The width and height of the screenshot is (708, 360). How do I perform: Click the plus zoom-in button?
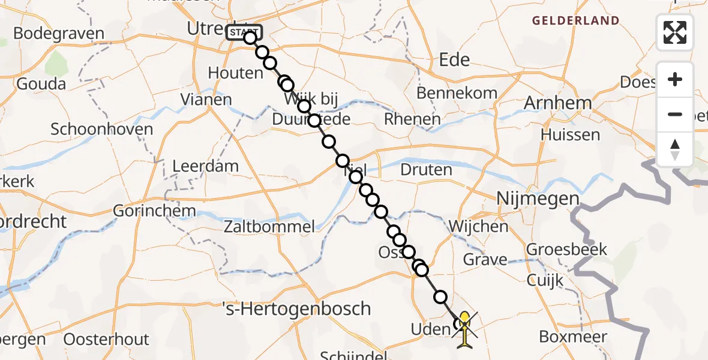click(675, 79)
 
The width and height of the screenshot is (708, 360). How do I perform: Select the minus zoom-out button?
click(675, 114)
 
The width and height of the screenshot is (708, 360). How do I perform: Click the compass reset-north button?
click(675, 149)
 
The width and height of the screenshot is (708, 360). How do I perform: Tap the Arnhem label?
click(558, 103)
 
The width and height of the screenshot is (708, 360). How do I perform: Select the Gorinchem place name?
click(154, 211)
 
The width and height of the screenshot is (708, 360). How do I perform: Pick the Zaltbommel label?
click(269, 226)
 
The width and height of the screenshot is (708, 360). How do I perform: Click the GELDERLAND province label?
click(575, 21)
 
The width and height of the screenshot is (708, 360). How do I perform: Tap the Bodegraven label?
click(58, 34)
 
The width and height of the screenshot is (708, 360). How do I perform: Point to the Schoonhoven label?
click(102, 129)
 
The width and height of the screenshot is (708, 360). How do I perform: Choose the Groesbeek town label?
click(567, 249)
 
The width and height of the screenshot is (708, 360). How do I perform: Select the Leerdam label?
click(206, 166)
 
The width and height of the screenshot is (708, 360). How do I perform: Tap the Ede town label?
click(455, 60)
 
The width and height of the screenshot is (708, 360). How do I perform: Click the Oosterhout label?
click(106, 339)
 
